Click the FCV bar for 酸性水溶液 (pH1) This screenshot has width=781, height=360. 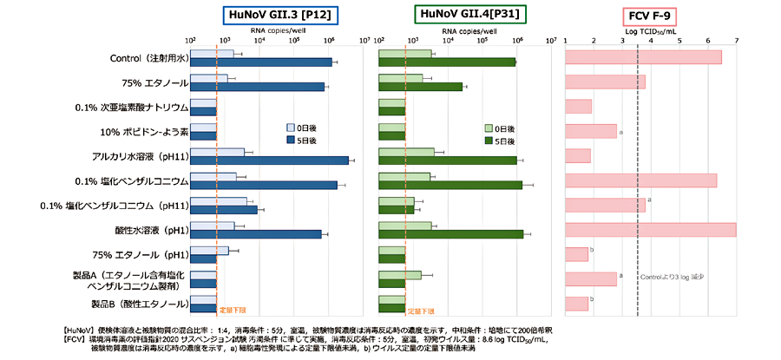[x=650, y=230]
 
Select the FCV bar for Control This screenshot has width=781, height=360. [x=643, y=57]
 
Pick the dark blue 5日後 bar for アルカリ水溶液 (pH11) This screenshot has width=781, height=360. [x=270, y=160]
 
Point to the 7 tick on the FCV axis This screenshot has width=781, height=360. [x=737, y=40]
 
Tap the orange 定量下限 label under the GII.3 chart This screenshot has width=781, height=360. [x=233, y=310]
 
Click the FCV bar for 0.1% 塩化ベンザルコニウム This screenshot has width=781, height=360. [x=640, y=180]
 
